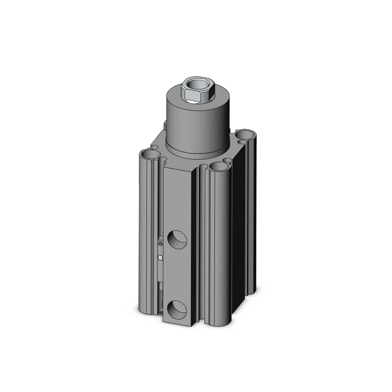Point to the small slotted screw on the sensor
(x=160, y=244)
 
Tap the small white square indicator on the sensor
(x=160, y=257)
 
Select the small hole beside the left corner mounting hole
(x=164, y=160)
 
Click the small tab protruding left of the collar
(x=165, y=125)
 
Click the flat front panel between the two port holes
(x=178, y=274)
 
